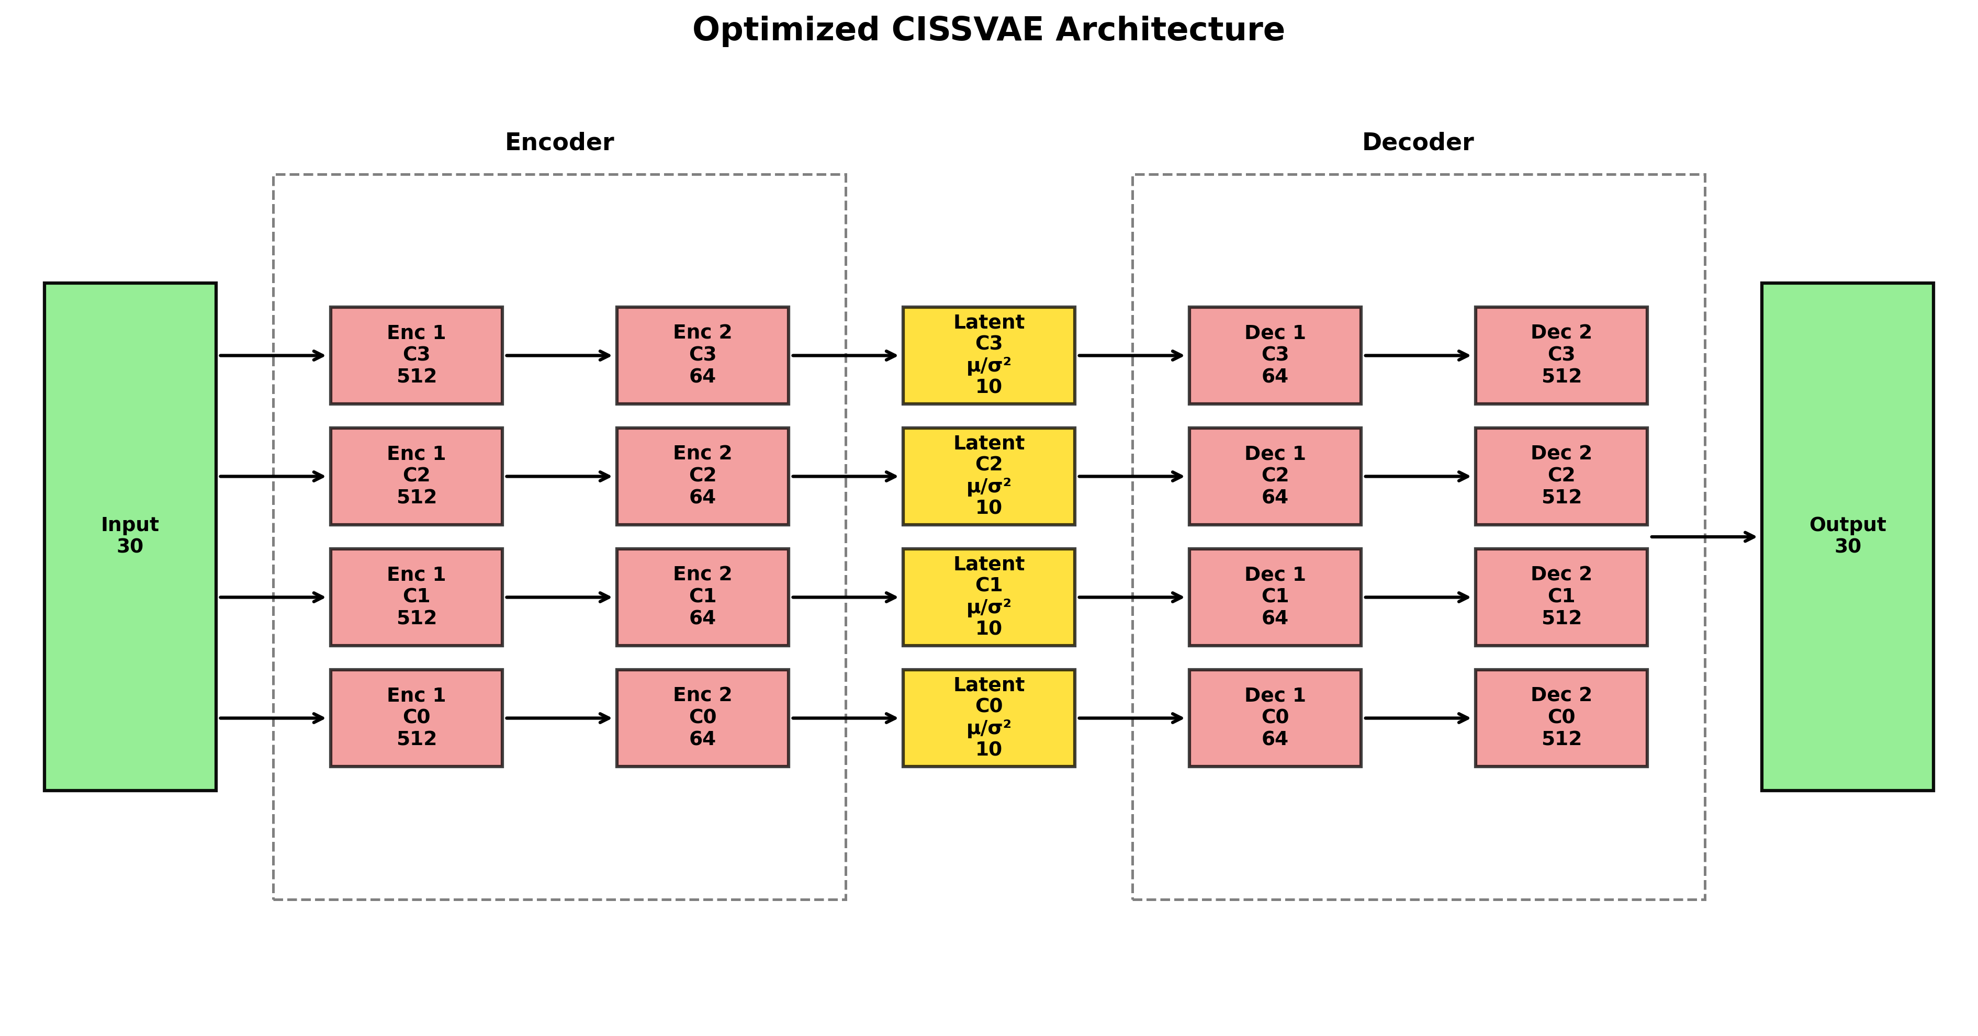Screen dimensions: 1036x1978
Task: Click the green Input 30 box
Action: tap(130, 536)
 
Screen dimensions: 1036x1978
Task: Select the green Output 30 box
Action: tap(1847, 536)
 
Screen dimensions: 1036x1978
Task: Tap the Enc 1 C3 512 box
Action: tap(416, 355)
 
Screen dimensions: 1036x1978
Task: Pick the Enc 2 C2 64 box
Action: tap(702, 476)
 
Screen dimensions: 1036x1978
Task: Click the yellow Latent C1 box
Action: tap(988, 596)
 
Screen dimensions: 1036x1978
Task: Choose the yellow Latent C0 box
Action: tap(988, 717)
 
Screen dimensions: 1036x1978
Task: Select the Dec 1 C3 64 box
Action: tap(1275, 355)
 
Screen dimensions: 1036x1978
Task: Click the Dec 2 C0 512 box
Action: tap(1560, 717)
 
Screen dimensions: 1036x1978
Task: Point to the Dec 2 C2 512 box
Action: tap(1560, 476)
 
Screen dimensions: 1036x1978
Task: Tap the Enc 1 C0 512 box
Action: tap(416, 717)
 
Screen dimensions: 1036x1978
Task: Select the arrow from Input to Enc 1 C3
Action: tap(272, 356)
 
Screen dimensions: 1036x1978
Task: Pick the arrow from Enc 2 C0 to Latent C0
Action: tap(844, 718)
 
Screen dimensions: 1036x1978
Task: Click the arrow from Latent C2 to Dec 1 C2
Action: tap(1130, 476)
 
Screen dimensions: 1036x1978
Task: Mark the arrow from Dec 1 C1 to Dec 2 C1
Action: tap(1417, 596)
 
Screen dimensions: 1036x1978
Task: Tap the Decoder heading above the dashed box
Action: tap(1418, 142)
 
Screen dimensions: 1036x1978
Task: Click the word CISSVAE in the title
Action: tap(972, 30)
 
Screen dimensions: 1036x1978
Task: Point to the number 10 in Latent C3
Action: tap(988, 386)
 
